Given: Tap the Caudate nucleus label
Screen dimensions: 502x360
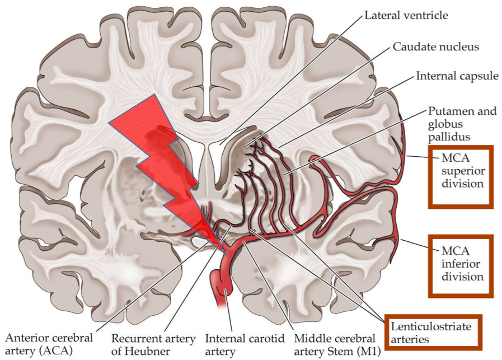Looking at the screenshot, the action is point(435,46).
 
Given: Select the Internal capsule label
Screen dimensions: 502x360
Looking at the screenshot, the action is point(457,75).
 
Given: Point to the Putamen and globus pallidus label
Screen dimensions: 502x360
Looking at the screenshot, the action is point(462,123).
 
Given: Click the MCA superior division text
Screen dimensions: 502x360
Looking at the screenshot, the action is point(462,170).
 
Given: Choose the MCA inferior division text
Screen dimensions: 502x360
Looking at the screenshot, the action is point(462,263).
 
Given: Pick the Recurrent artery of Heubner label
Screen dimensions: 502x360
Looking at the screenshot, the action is point(153,345).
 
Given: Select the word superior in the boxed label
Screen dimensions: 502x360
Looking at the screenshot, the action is point(462,170).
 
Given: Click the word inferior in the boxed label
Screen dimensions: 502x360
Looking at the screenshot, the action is point(462,263).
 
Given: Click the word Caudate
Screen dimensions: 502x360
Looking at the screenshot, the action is point(414,46).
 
